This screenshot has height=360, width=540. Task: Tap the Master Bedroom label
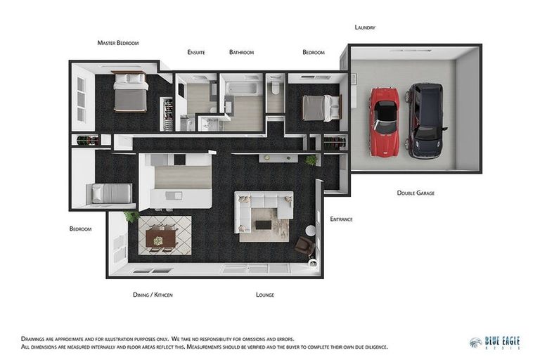pyautogui.click(x=118, y=43)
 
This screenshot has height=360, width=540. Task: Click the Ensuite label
pyautogui.click(x=196, y=52)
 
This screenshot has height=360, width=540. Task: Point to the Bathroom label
pyautogui.click(x=241, y=52)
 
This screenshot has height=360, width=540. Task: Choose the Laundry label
pyautogui.click(x=365, y=27)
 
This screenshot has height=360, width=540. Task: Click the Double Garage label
pyautogui.click(x=416, y=192)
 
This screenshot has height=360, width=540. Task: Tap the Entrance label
pyautogui.click(x=341, y=219)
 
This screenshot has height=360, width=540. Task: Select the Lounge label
pyautogui.click(x=265, y=295)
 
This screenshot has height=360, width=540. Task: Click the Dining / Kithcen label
pyautogui.click(x=153, y=295)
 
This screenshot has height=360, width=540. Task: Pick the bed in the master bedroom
pyautogui.click(x=130, y=91)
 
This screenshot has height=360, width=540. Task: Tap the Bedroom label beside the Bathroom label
pyautogui.click(x=314, y=52)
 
